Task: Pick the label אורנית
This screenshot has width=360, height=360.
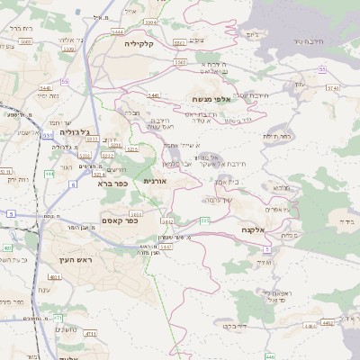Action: coord(156,181)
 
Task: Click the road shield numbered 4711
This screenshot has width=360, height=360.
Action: coord(91,333)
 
